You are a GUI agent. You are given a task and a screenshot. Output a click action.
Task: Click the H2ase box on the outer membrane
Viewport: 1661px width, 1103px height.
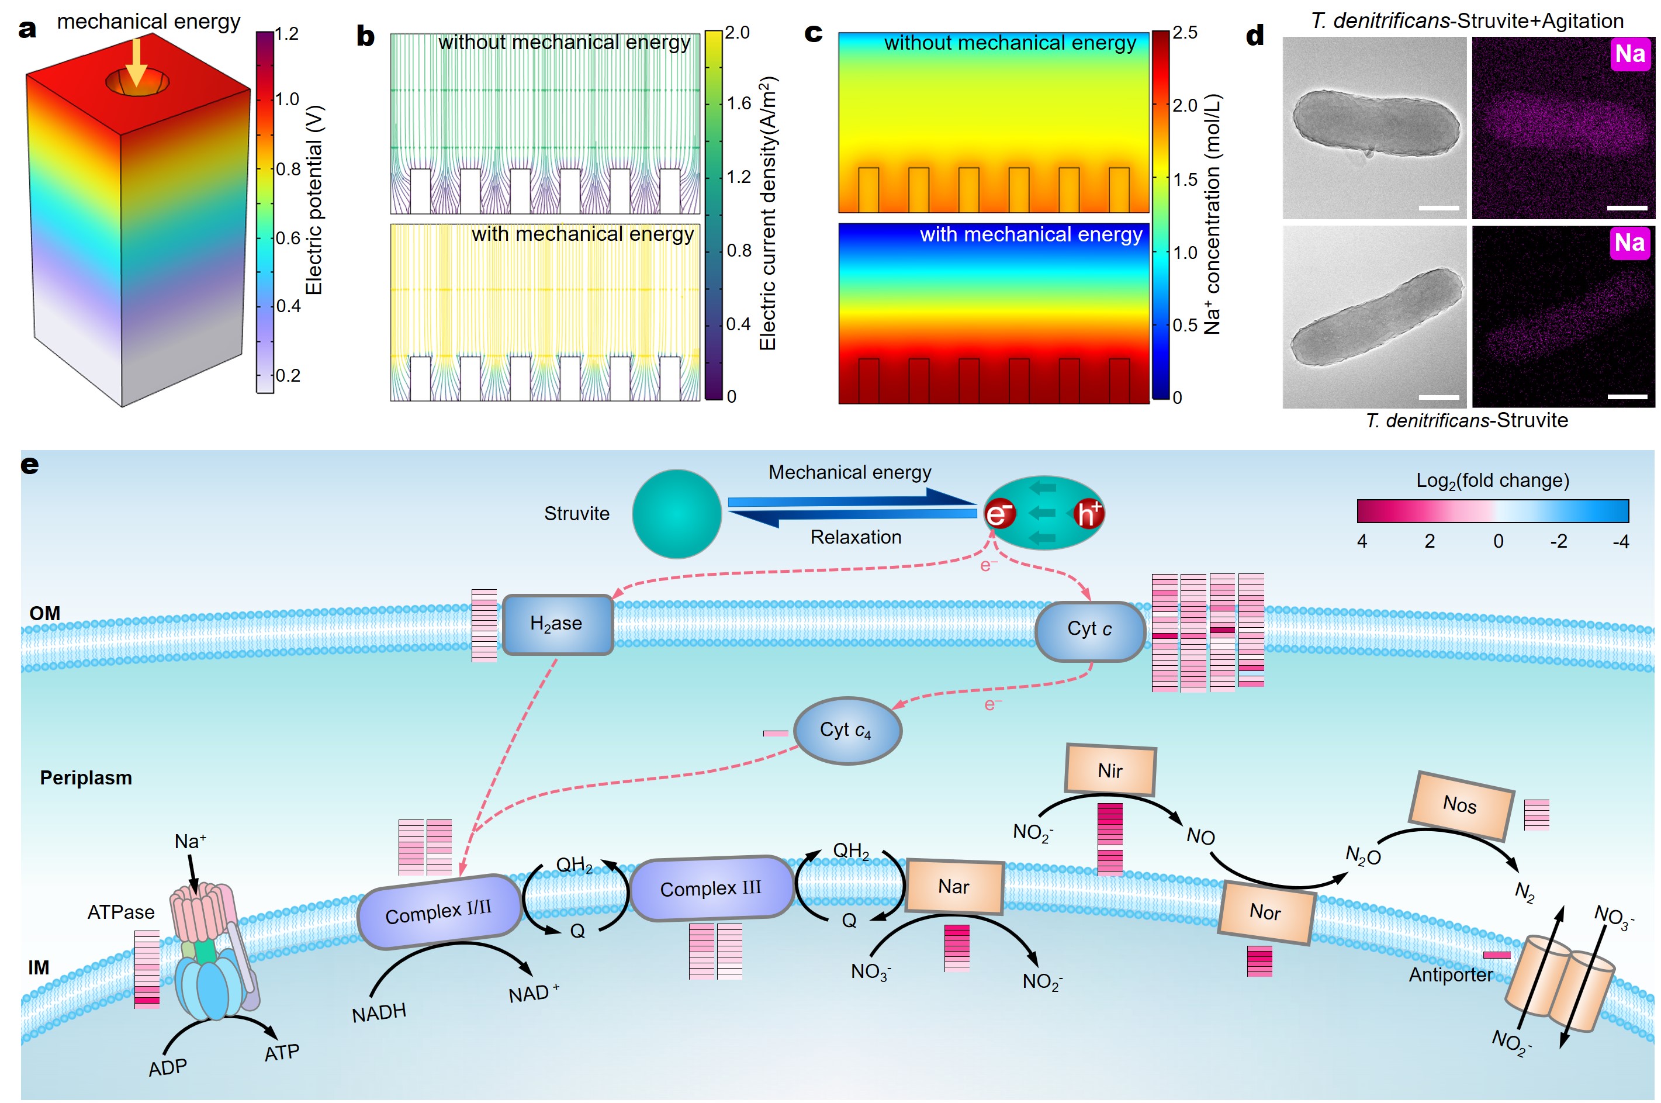pyautogui.click(x=558, y=624)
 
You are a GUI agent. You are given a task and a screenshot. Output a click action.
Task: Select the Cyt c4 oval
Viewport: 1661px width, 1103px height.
pyautogui.click(x=847, y=730)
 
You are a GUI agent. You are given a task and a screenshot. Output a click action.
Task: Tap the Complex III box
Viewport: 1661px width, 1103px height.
pyautogui.click(x=711, y=888)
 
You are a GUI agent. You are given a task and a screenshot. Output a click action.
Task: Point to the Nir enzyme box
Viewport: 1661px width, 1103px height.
pyautogui.click(x=1110, y=770)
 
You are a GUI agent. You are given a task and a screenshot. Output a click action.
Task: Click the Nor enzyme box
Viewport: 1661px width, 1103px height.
pyautogui.click(x=1265, y=912)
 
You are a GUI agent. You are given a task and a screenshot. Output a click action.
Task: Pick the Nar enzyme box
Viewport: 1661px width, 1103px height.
pyautogui.click(x=954, y=886)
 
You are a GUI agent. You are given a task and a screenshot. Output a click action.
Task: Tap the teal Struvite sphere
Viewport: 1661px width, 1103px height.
pyautogui.click(x=676, y=514)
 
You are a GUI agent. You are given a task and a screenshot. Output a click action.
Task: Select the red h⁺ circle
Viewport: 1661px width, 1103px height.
pyautogui.click(x=1087, y=514)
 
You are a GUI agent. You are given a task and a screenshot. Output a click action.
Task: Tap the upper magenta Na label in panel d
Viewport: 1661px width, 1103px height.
pyautogui.click(x=1629, y=54)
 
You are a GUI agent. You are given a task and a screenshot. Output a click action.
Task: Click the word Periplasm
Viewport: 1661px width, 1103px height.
pyautogui.click(x=86, y=778)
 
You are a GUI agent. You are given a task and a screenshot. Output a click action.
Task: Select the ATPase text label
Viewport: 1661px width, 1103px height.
pyautogui.click(x=121, y=912)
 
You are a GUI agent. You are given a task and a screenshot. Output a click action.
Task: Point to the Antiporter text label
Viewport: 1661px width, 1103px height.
pyautogui.click(x=1450, y=975)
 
